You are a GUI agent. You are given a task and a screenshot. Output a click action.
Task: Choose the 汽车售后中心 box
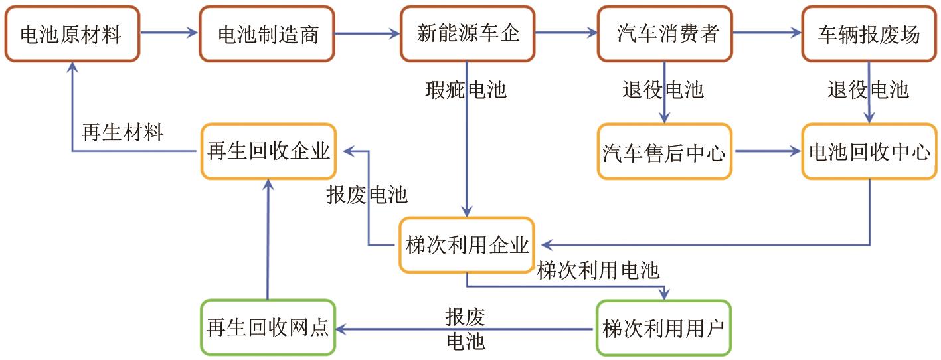point(664,152)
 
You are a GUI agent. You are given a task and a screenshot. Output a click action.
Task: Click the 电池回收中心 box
point(869,152)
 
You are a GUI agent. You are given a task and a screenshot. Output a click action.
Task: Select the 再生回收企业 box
point(268,151)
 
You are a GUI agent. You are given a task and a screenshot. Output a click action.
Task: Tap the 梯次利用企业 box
point(467,245)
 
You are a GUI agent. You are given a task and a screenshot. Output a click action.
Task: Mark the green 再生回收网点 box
point(268,328)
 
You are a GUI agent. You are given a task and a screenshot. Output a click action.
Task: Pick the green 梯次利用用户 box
point(663,328)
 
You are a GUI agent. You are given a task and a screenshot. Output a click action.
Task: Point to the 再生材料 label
point(122,132)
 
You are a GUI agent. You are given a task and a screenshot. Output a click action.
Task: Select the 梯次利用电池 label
point(598,270)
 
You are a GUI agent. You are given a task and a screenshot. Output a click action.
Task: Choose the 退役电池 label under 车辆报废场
point(868,89)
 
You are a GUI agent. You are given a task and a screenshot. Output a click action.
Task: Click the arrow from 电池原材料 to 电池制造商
point(170,33)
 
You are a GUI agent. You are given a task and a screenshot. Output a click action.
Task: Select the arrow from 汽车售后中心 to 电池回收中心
point(767,152)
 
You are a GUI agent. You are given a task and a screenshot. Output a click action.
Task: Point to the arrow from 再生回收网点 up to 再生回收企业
point(268,239)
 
